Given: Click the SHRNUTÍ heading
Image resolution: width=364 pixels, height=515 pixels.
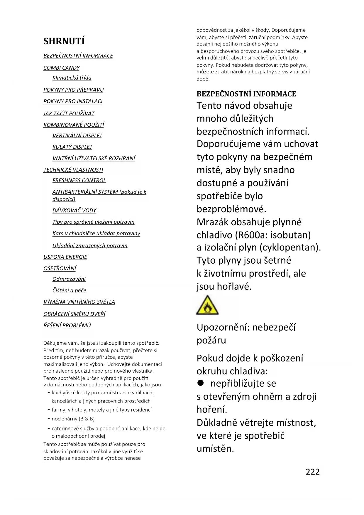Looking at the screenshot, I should point(64,41).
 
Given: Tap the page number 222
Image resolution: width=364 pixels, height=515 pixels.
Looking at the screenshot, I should point(312,472).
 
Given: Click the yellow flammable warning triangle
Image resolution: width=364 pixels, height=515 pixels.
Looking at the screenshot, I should point(207,306).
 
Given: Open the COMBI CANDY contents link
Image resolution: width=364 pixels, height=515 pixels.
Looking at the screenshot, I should point(61,68).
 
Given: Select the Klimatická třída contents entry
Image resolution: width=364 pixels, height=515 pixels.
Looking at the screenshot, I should point(72,78).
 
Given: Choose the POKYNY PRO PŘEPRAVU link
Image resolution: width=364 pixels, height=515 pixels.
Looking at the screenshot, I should point(73,90).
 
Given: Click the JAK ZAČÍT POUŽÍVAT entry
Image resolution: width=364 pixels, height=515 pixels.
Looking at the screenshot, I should point(69,113).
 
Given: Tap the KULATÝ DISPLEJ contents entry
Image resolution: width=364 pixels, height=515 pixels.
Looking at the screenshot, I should point(72,147).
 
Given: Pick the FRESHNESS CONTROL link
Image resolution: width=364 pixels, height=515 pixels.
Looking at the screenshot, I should point(79,180).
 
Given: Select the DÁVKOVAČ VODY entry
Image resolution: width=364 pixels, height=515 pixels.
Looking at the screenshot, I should point(74,211).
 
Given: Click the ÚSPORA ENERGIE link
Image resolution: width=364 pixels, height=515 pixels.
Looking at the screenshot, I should point(65,257).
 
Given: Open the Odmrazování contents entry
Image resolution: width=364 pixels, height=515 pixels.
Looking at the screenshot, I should point(69,279).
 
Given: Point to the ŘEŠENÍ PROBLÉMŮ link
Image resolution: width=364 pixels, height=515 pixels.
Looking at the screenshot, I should point(67,325).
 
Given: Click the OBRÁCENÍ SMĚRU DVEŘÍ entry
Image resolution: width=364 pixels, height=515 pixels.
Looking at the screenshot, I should point(74,314).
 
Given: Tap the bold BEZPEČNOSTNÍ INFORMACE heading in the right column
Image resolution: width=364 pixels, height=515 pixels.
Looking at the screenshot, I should point(246,94).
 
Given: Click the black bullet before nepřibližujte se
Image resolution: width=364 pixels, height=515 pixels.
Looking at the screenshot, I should point(200,383).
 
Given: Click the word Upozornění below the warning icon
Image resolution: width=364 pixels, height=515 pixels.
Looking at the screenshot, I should point(223,327).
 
